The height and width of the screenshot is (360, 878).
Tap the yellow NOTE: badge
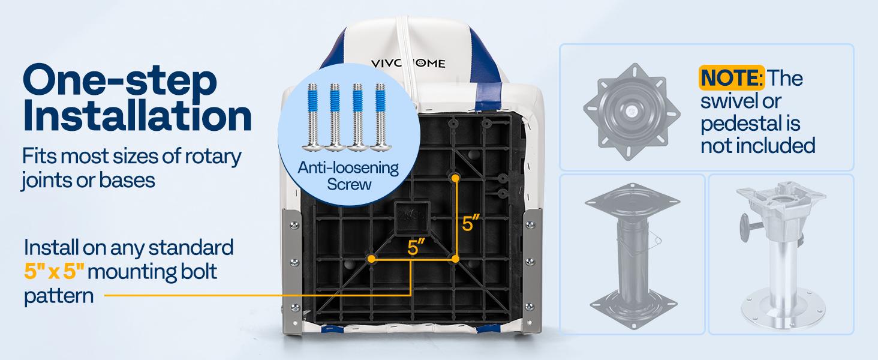coord(731,77)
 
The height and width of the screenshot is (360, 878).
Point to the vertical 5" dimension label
coord(471,224)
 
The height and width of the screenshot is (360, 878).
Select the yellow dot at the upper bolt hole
coord(456,178)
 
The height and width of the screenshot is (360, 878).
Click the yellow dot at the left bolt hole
coord(372,259)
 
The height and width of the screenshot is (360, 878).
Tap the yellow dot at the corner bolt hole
coord(456,259)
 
